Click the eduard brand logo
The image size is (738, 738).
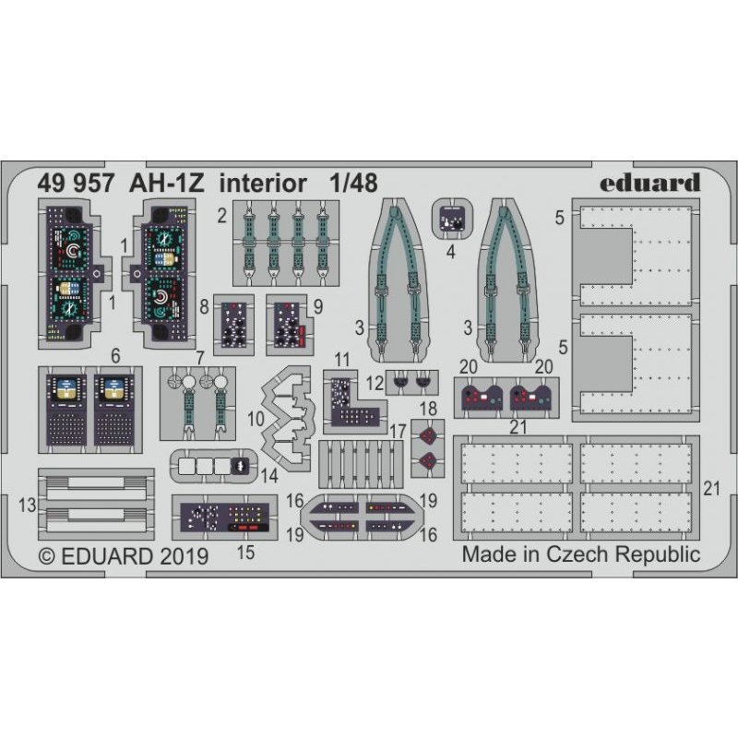650,183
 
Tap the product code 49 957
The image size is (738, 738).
76,183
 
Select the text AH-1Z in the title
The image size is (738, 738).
167,183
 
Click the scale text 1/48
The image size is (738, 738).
353,183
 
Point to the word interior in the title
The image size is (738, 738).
263,183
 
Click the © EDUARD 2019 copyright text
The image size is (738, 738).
124,556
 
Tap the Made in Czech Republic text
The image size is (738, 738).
581,554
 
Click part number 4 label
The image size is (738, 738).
451,252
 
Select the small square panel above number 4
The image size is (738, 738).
452,219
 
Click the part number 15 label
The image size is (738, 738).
245,553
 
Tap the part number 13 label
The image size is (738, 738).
28,505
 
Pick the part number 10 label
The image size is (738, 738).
256,419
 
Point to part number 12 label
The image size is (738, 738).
375,383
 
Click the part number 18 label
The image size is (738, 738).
428,409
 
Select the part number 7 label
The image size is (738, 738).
200,358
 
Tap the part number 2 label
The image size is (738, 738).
222,216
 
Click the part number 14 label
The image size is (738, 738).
269,476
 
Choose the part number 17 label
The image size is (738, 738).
398,431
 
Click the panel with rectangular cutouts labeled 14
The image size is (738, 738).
214,466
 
